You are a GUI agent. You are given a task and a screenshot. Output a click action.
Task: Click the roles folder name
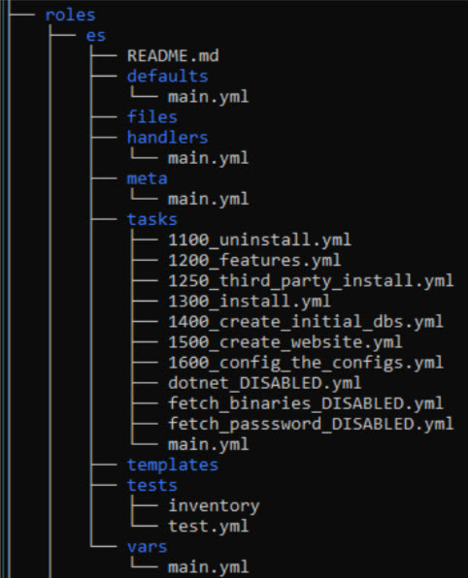(70, 16)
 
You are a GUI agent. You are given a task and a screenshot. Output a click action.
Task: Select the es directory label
(96, 36)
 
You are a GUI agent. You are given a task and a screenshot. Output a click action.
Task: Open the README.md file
(173, 56)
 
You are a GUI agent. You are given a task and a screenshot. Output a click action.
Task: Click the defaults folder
(168, 77)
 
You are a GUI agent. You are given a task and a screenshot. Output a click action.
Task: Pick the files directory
(152, 117)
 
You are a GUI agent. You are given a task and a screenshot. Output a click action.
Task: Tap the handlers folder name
(168, 138)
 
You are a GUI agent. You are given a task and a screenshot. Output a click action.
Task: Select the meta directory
(147, 178)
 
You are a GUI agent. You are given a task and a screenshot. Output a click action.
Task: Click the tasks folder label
(152, 219)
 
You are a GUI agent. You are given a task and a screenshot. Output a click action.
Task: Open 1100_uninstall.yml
(259, 240)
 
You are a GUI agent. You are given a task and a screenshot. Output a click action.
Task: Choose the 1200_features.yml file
(254, 260)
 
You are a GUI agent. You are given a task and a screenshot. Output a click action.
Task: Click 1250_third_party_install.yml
(311, 281)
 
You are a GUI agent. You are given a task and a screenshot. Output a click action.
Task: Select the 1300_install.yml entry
(250, 302)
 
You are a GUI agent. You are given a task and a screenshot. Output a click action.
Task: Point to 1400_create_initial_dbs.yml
(306, 322)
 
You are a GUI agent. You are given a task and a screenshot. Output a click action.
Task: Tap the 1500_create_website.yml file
(285, 342)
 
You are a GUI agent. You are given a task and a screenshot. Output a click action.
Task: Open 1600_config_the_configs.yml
(306, 363)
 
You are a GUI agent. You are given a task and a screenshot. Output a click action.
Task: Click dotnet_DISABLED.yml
(265, 383)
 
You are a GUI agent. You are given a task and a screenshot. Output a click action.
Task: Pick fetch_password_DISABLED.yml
(311, 424)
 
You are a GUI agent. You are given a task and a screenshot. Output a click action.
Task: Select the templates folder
(173, 465)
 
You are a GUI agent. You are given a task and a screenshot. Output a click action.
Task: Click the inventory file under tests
(214, 506)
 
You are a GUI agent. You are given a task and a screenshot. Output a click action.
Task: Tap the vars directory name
(147, 547)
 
